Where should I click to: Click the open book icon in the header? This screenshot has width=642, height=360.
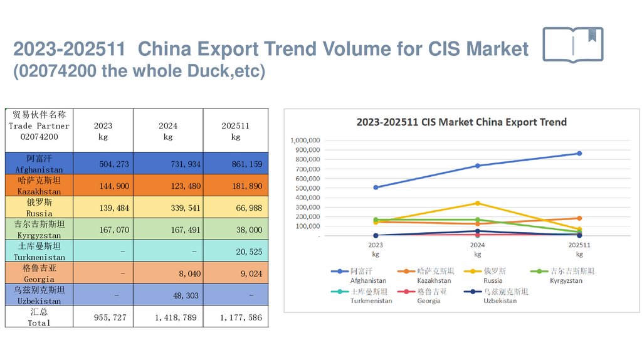(x=573, y=45)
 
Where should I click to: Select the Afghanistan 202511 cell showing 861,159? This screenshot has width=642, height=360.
(x=235, y=164)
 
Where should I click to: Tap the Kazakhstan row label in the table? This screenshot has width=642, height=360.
(x=39, y=186)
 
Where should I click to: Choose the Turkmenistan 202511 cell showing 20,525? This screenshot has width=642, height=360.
(x=235, y=251)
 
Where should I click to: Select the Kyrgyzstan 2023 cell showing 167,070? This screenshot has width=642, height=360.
(x=103, y=230)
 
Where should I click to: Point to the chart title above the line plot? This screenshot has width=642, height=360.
(x=461, y=122)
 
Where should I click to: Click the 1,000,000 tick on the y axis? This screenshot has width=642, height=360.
(x=306, y=140)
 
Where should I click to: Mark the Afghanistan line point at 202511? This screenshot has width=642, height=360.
(x=579, y=153)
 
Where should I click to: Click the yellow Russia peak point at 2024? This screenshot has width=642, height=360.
(x=478, y=203)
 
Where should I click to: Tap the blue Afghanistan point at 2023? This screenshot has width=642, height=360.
(x=376, y=188)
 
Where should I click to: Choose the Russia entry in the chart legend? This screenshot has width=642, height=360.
(x=490, y=272)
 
